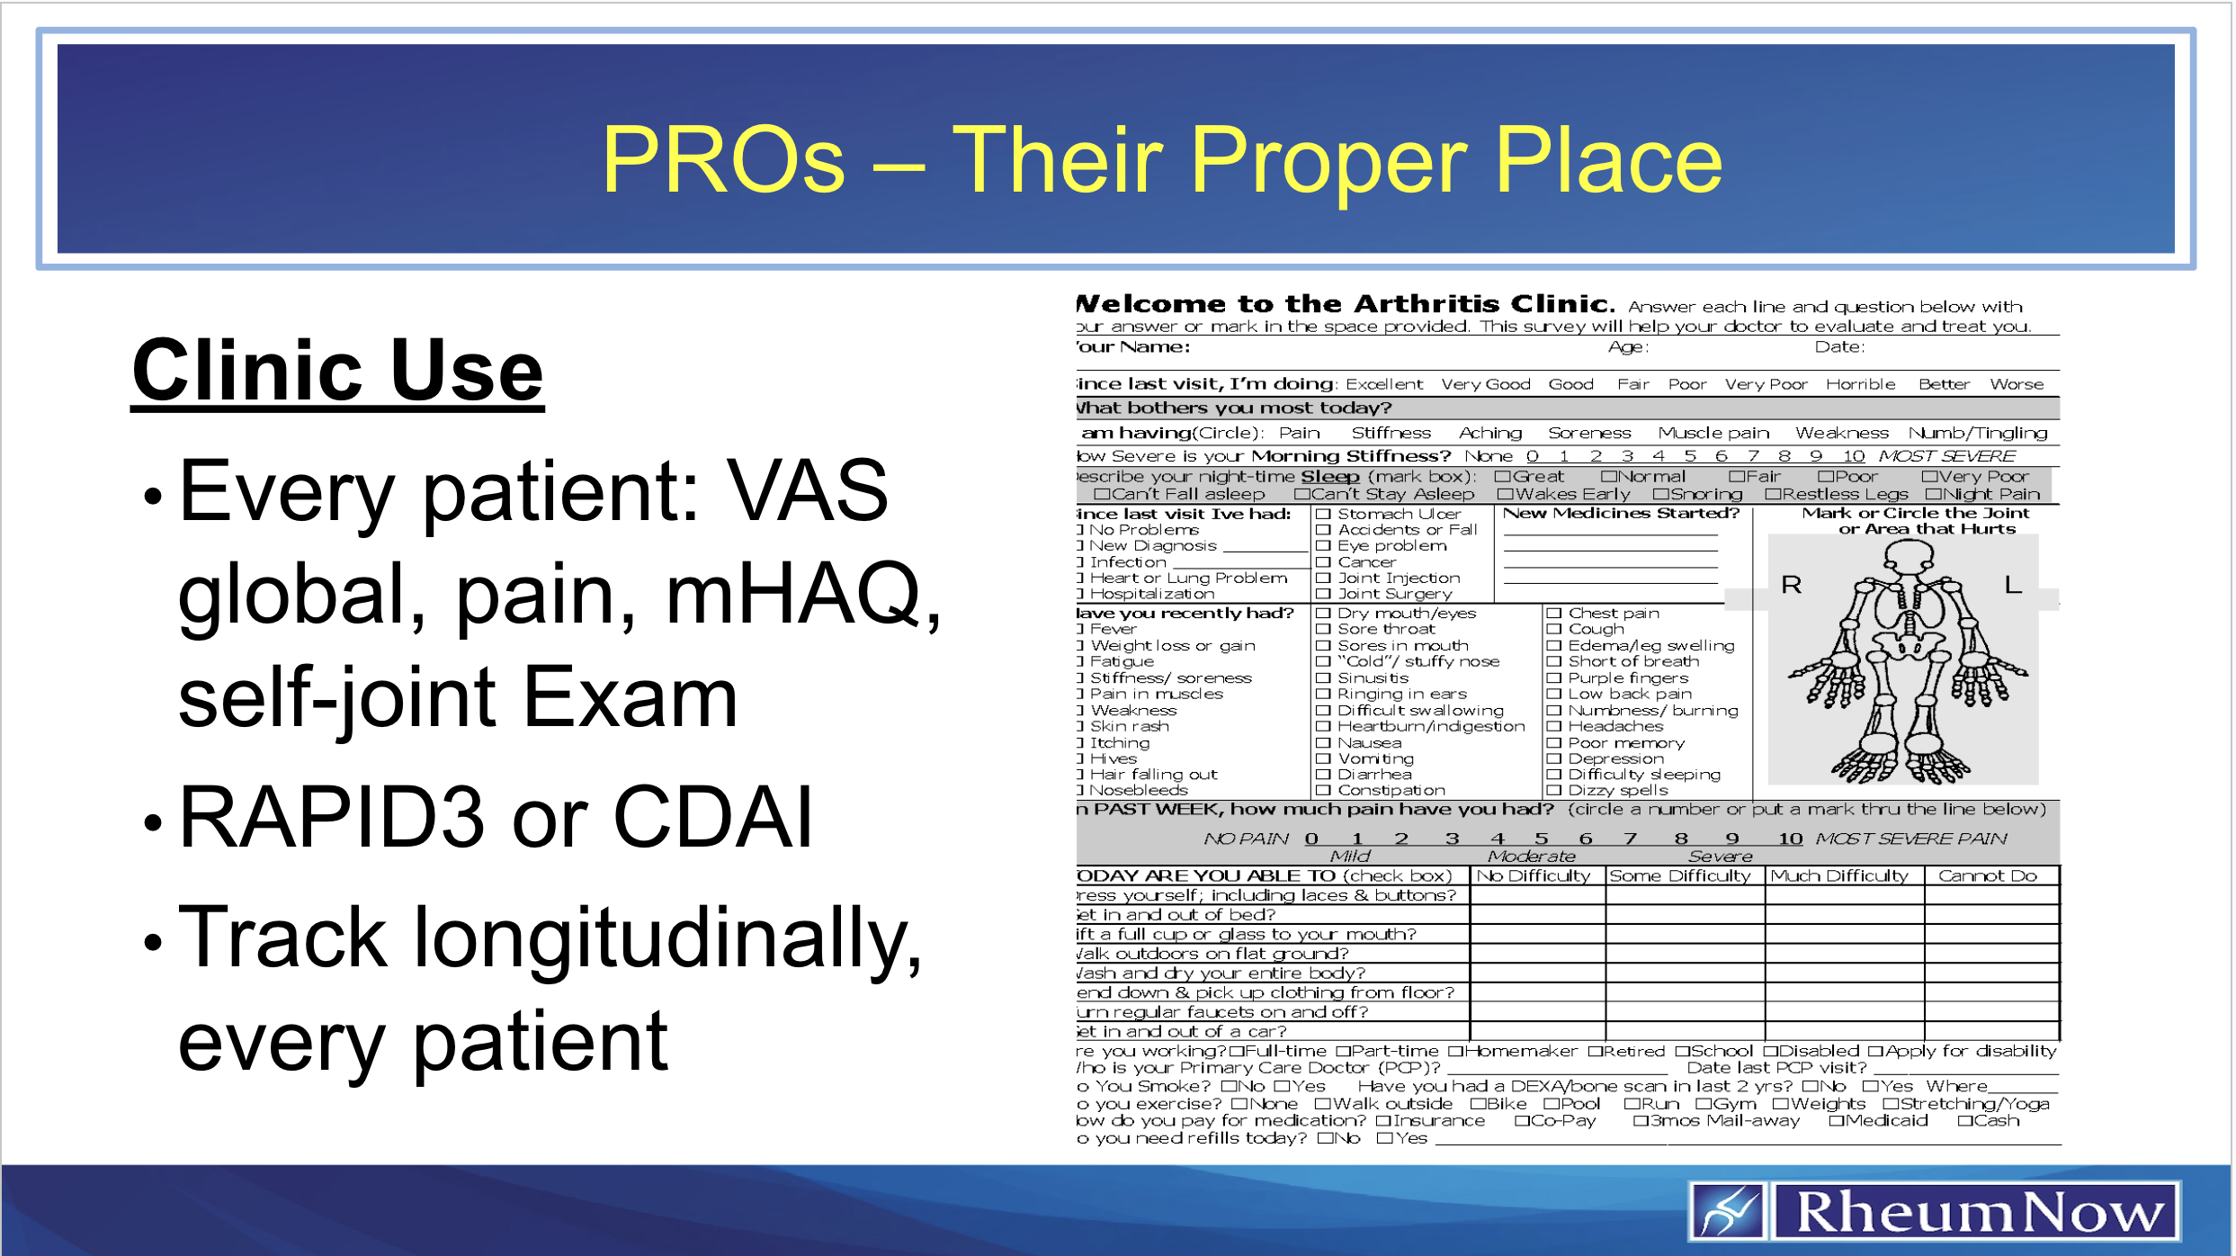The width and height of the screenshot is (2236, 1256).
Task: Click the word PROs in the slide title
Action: click(x=724, y=160)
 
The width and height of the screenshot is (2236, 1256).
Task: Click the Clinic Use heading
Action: click(x=337, y=371)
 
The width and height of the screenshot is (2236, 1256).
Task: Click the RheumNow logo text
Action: click(x=1979, y=1212)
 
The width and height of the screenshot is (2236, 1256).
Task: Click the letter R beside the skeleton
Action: click(x=1791, y=586)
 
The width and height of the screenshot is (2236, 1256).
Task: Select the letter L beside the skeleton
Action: click(x=2013, y=586)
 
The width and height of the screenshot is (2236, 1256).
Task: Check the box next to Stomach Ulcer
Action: click(x=1323, y=515)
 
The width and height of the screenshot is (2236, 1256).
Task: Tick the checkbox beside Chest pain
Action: click(x=1553, y=614)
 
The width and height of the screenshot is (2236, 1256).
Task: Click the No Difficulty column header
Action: click(x=1534, y=875)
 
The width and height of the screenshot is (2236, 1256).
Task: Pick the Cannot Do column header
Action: click(x=1987, y=875)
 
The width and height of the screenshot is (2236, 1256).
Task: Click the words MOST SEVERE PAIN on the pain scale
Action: click(x=1910, y=839)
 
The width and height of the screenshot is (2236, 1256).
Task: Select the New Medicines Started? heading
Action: click(x=1621, y=513)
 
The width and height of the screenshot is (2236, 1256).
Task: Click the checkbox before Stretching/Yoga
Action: click(x=1891, y=1104)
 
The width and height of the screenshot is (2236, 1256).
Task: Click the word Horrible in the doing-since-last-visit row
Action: click(x=1860, y=384)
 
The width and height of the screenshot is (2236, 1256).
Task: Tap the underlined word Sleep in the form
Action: click(x=1329, y=477)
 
